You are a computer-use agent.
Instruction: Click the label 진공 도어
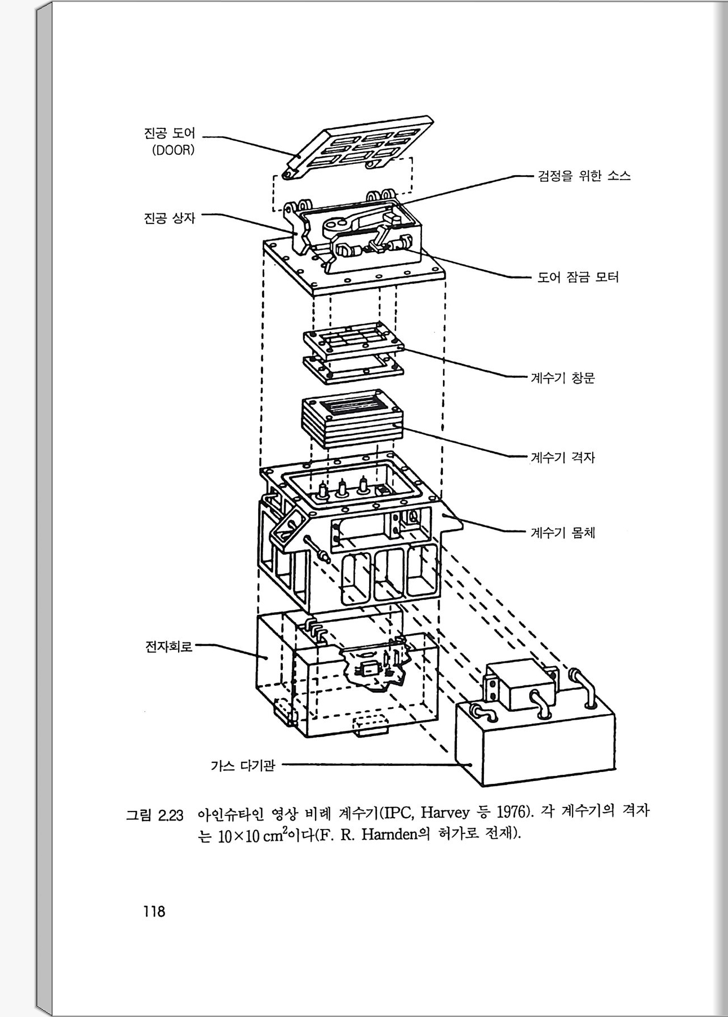click(170, 133)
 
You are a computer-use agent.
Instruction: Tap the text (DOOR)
click(173, 151)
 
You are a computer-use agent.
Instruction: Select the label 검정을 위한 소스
click(584, 176)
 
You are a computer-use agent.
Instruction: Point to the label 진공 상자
click(170, 217)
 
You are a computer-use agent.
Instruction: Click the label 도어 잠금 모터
click(578, 277)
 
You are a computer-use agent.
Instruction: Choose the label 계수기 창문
click(562, 377)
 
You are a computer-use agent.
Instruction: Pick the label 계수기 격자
click(562, 457)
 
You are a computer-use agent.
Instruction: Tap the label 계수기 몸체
click(562, 532)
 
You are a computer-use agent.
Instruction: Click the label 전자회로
click(168, 646)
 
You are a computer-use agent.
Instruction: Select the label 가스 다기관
click(242, 765)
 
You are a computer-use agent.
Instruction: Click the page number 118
click(154, 911)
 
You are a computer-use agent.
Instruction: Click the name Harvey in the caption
click(445, 813)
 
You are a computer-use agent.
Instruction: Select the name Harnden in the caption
click(388, 834)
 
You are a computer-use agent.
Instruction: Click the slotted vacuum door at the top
click(361, 146)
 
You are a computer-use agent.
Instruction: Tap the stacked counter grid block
click(352, 420)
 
